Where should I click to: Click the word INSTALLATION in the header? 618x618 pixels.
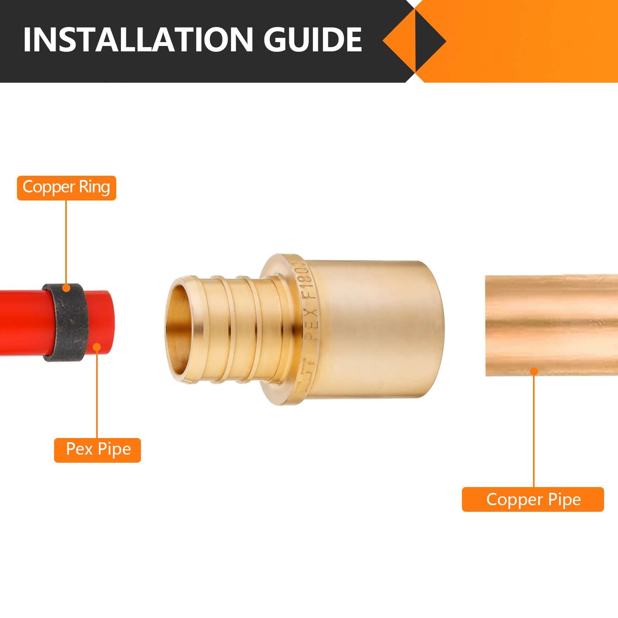point(137,39)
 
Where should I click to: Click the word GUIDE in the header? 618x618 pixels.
point(312,39)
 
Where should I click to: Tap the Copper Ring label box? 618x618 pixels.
point(66,188)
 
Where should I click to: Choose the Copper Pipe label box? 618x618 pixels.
point(533,499)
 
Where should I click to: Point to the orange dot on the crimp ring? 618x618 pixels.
point(66,288)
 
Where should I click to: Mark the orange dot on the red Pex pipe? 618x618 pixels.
point(97,347)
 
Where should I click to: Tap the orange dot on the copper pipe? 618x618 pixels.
point(534,371)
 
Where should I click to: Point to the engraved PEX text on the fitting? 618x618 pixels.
point(311,324)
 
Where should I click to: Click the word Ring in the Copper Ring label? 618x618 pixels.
point(94,187)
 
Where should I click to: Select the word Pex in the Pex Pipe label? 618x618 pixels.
point(80,449)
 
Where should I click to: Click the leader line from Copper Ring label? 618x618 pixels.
point(66,243)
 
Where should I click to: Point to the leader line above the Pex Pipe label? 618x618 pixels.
point(97,394)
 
